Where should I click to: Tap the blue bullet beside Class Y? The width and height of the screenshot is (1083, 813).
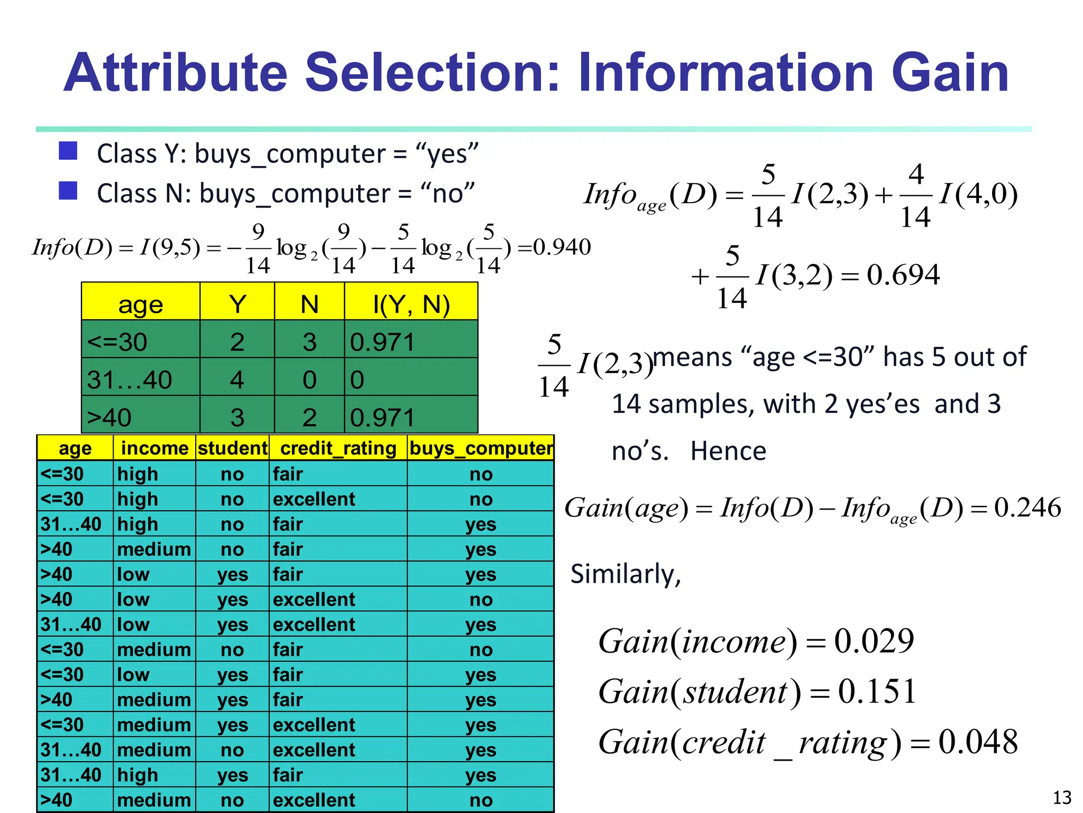[x=68, y=151]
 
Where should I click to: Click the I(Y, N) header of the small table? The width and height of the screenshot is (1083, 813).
[x=411, y=304]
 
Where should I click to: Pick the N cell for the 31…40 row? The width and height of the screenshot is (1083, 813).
[x=309, y=380]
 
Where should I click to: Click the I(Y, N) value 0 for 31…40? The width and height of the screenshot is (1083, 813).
[x=357, y=380]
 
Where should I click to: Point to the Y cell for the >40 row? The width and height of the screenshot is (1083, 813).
[x=237, y=417]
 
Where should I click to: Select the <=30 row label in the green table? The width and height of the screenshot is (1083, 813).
[x=117, y=342]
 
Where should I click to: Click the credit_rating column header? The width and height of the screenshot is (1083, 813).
[x=338, y=448]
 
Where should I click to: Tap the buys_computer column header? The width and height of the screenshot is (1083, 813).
[x=481, y=448]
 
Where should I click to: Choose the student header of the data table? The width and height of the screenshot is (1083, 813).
[x=233, y=448]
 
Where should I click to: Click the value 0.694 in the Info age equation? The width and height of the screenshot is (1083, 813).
[x=903, y=275]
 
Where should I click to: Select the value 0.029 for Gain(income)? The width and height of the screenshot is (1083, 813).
[x=874, y=641]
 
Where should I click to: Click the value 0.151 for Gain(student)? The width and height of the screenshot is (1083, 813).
[x=877, y=691]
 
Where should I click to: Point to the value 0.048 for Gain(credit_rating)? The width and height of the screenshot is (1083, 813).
[x=978, y=742]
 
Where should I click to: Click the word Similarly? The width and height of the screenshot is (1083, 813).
[x=626, y=574]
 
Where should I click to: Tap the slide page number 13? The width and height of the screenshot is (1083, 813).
[x=1062, y=797]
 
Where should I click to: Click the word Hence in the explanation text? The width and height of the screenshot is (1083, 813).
[x=728, y=451]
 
